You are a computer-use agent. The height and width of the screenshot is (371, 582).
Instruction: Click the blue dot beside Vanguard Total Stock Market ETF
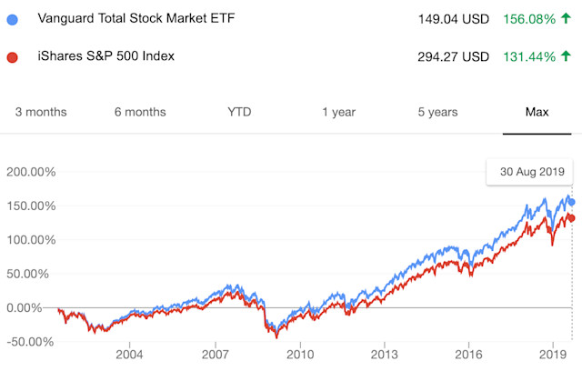(x=12, y=20)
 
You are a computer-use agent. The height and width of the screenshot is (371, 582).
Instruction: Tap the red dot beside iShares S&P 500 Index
(x=12, y=57)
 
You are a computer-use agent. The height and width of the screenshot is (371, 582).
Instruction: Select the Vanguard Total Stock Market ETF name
(x=137, y=19)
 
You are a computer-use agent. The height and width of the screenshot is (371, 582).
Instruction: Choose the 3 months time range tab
(x=41, y=112)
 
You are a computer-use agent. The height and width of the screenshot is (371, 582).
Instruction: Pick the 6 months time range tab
(x=140, y=112)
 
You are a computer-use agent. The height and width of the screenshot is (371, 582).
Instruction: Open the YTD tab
(x=239, y=112)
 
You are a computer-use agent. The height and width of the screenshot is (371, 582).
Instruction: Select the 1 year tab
(x=338, y=112)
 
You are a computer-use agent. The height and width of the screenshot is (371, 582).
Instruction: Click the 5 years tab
(x=437, y=112)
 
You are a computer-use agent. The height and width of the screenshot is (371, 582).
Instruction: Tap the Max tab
(x=537, y=112)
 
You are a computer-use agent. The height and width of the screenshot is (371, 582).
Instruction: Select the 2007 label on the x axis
(x=215, y=353)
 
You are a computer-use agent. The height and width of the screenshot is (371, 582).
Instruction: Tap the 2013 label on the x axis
(x=384, y=353)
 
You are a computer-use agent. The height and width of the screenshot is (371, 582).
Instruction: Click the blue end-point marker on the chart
(x=572, y=202)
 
